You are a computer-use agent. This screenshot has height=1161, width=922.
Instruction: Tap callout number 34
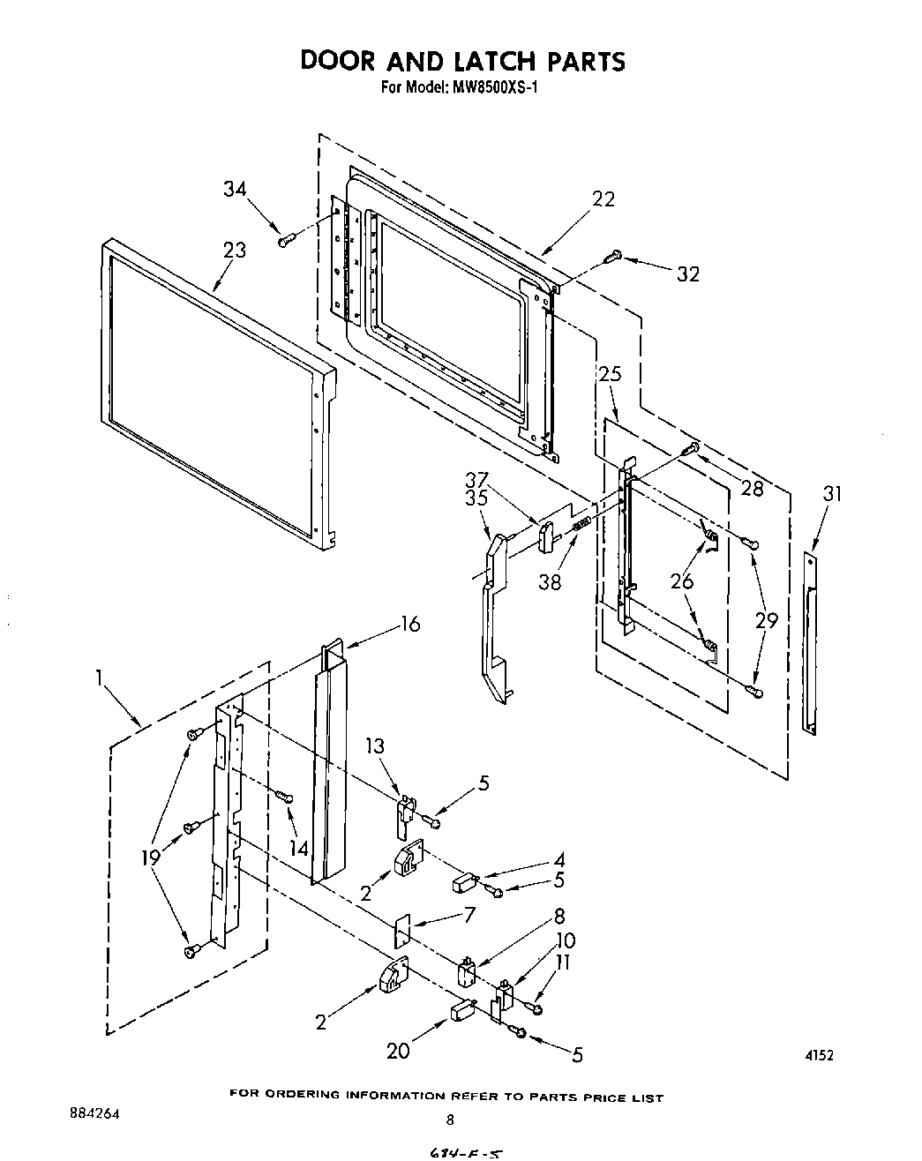[x=235, y=189]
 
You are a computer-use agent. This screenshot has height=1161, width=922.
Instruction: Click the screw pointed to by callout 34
[x=284, y=240]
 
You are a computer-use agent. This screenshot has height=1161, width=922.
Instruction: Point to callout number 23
[x=234, y=250]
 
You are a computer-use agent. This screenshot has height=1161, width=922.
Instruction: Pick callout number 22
[x=603, y=198]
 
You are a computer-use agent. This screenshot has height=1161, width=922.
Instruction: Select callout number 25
[x=610, y=373]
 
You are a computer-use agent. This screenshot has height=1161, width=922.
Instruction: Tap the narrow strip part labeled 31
[x=810, y=642]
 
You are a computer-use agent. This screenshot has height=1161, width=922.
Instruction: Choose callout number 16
[x=410, y=624]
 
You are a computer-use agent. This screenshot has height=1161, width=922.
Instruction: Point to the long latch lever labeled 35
[x=490, y=618]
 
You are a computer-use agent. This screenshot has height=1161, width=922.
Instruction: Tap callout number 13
[x=375, y=746]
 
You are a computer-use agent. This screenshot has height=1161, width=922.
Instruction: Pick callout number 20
[x=398, y=1051]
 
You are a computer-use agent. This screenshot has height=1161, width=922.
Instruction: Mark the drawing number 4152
[x=819, y=1055]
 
